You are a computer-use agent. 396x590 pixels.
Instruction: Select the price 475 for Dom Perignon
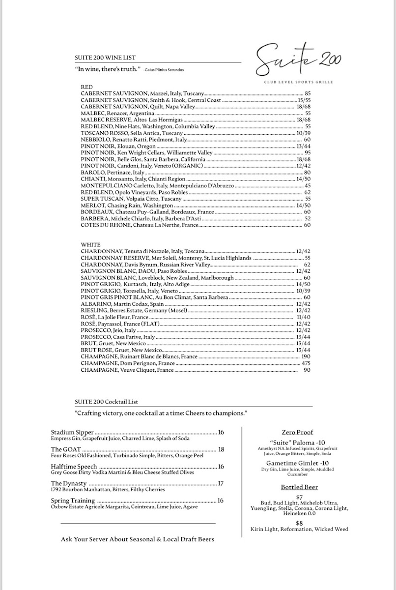click(306, 363)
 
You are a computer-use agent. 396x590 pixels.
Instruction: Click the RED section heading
click(86, 87)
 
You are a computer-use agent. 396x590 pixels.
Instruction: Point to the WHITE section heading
click(90, 244)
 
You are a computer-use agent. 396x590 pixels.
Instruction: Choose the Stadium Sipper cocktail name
click(72, 432)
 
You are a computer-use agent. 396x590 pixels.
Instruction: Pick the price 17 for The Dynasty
click(221, 484)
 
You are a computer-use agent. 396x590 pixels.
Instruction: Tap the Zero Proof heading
click(298, 432)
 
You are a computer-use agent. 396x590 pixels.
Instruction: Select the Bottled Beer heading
click(299, 487)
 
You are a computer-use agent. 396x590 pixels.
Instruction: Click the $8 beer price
click(299, 523)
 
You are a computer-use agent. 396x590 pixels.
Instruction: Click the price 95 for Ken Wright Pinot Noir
click(308, 153)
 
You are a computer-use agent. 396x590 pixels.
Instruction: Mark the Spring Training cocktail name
click(73, 501)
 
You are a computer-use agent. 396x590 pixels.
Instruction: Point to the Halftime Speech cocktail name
click(74, 467)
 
